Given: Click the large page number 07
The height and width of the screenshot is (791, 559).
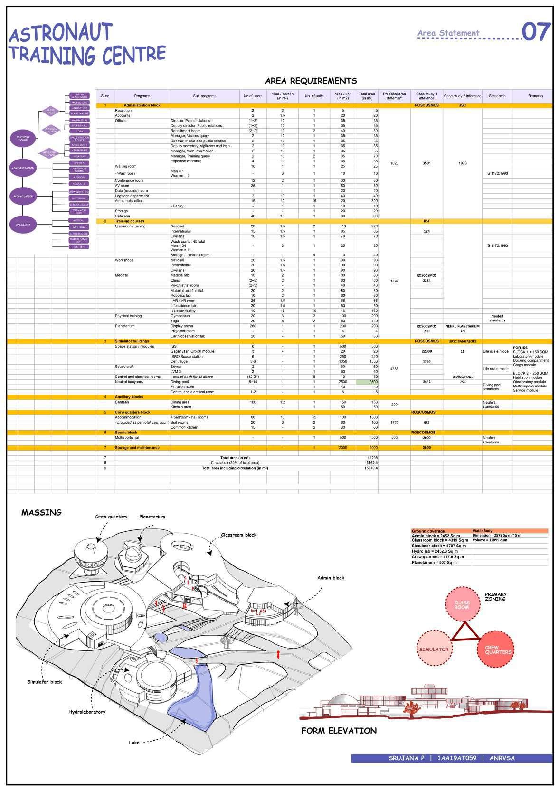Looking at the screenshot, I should click(x=537, y=32).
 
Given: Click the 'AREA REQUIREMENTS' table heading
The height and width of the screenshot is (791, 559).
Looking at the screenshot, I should click(x=311, y=81).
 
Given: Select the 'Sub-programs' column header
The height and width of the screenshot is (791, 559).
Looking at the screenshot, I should click(x=204, y=96).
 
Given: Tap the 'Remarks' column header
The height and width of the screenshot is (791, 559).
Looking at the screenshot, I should click(x=535, y=96).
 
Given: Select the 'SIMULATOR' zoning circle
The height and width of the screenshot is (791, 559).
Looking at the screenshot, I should click(x=434, y=649).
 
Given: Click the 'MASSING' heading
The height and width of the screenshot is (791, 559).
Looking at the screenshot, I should click(x=41, y=512).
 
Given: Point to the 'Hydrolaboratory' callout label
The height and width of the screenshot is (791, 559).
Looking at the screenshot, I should click(x=87, y=712).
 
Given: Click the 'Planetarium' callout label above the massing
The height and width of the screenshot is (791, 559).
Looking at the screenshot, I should click(x=152, y=517).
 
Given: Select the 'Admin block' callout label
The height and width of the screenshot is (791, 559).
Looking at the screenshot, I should click(x=331, y=578).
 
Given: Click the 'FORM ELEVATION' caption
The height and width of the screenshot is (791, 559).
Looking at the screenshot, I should click(x=339, y=731).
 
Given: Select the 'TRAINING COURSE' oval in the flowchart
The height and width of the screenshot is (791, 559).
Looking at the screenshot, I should click(x=23, y=139).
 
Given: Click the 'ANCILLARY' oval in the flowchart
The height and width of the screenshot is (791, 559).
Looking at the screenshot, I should click(x=23, y=225).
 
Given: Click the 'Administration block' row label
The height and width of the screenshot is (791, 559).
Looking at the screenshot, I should click(x=142, y=105).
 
